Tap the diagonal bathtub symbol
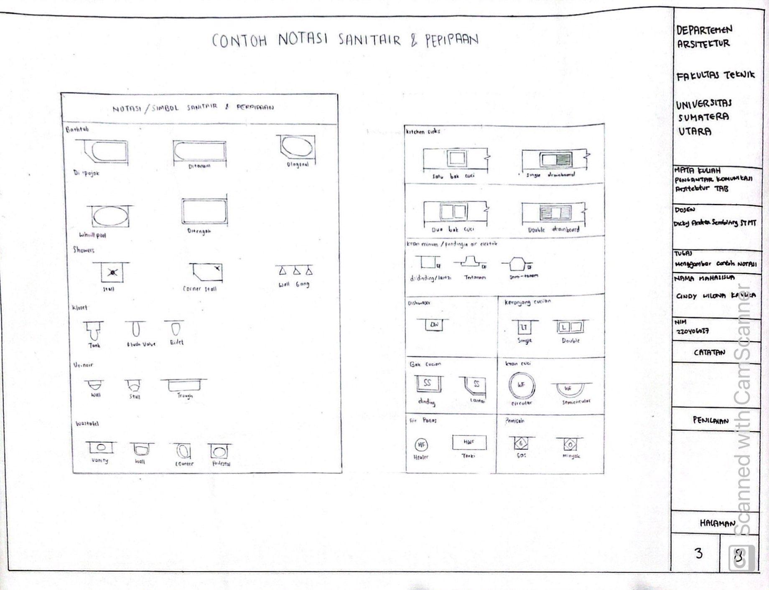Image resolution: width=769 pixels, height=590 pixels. pos(296,146)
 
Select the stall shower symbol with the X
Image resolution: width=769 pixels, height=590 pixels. pos(112,273)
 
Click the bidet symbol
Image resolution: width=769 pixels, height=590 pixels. pos(176,329)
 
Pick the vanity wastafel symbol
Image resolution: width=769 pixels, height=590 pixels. pos(101,447)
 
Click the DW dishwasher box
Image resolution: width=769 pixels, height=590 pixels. pos(434,325)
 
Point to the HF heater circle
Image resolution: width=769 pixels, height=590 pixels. pos(421,445)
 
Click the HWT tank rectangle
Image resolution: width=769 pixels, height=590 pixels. pos(469,442)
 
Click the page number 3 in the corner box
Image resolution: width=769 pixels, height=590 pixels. pos(698,554)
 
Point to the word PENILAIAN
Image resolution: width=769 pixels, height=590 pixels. pos(710,420)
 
